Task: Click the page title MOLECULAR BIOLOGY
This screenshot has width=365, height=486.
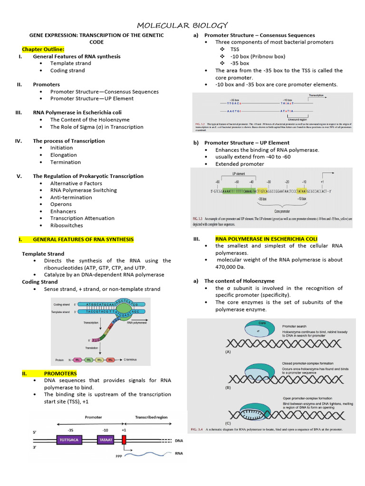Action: click(182, 25)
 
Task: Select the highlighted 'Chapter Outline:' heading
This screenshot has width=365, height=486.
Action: click(43, 49)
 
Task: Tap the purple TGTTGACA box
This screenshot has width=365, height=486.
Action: click(70, 440)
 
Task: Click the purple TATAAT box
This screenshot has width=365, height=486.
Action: click(106, 440)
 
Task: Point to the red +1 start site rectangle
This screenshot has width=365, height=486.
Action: click(124, 440)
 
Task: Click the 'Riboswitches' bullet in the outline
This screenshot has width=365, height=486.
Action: click(67, 225)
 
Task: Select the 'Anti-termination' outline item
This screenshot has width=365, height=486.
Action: click(71, 197)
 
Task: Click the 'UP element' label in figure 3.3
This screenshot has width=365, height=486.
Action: click(238, 174)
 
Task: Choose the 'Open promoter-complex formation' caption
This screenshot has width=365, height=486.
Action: click(305, 398)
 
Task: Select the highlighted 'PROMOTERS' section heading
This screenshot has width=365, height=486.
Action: click(60, 374)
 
